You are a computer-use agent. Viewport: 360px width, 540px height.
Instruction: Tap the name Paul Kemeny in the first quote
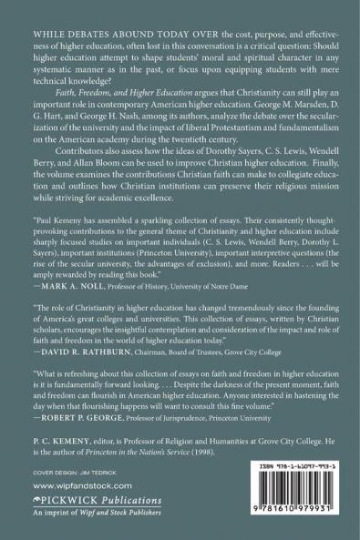coord(60,246)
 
